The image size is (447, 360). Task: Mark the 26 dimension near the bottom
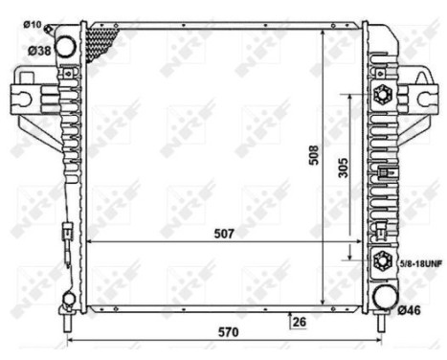click(x=300, y=321)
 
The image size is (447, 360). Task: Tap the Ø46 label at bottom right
click(x=410, y=308)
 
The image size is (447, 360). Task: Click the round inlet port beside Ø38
click(x=66, y=45)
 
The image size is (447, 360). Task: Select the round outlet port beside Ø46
click(x=384, y=297)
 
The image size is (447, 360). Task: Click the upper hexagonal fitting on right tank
click(x=384, y=96)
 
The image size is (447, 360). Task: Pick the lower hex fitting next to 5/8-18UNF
click(x=384, y=259)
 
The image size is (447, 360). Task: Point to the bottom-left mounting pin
click(x=67, y=323)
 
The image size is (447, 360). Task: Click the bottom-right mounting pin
click(x=382, y=325)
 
